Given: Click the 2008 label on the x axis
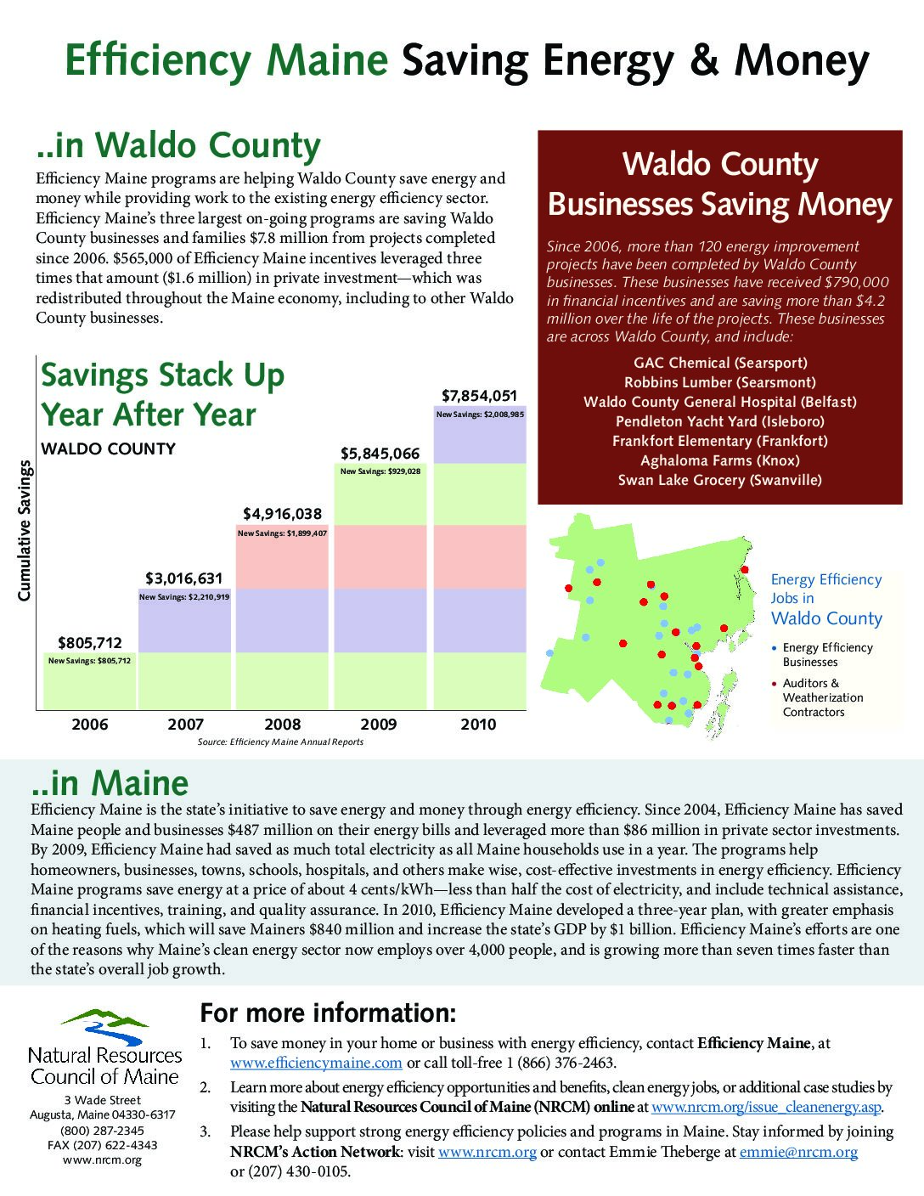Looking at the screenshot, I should click(x=282, y=725).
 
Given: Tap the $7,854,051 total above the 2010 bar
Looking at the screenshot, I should click(x=479, y=396).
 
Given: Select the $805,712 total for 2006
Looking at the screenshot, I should click(x=90, y=643).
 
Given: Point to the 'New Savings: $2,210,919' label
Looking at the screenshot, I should click(x=184, y=597).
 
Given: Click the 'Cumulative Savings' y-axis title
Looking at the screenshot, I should click(x=25, y=531).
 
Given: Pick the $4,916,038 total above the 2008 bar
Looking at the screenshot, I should click(x=282, y=514).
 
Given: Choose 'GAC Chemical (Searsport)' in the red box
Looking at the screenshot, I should click(x=720, y=363).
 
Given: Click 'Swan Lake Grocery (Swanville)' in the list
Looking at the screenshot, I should click(x=720, y=480).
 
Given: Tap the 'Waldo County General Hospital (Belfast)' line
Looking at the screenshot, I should click(x=720, y=402).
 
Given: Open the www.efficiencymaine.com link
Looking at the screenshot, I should click(x=316, y=1063).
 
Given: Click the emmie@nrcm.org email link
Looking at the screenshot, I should click(x=798, y=1152).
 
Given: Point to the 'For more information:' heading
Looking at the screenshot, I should click(x=328, y=1013).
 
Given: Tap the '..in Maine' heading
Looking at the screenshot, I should click(x=110, y=782).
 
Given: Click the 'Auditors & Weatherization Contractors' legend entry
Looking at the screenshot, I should click(x=822, y=697).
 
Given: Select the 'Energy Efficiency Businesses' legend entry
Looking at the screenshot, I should click(x=826, y=655).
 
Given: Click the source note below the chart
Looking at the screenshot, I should click(x=280, y=742).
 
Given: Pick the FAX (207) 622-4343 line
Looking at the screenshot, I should click(x=102, y=1145).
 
